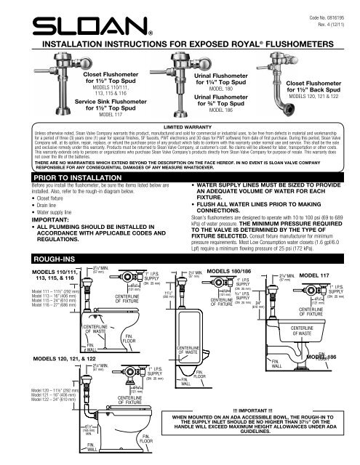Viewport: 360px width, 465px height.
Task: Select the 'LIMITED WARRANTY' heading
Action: (180, 126)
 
